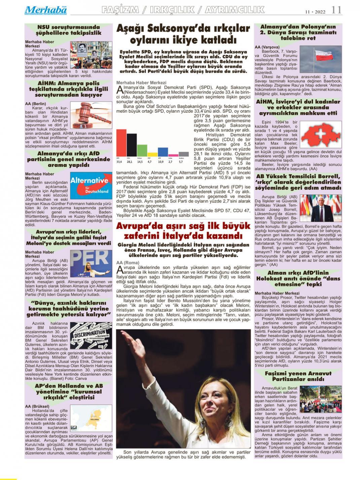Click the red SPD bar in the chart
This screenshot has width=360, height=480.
pyautogui.click(x=121, y=143)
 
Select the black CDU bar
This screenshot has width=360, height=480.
pyautogui.click(x=132, y=145)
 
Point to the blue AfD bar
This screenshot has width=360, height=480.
pyautogui.click(x=163, y=152)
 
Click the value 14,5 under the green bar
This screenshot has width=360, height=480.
pyautogui.click(x=140, y=162)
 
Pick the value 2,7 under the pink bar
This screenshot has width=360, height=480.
pyautogui.click(x=171, y=162)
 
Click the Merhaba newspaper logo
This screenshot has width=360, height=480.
pyautogui.click(x=45, y=10)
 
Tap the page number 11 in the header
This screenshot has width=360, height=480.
pyautogui.click(x=336, y=10)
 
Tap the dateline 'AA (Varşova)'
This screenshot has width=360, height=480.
pyautogui.click(x=267, y=47)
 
